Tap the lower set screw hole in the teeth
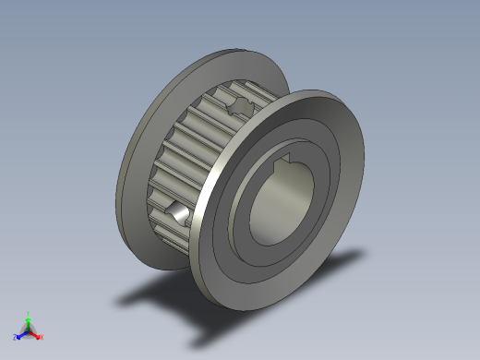click(x=176, y=212)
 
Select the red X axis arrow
click(x=35, y=334)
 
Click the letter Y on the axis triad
click(x=29, y=313)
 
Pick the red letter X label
click(x=41, y=337)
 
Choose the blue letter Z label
click(x=17, y=337)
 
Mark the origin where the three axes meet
click(x=29, y=330)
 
